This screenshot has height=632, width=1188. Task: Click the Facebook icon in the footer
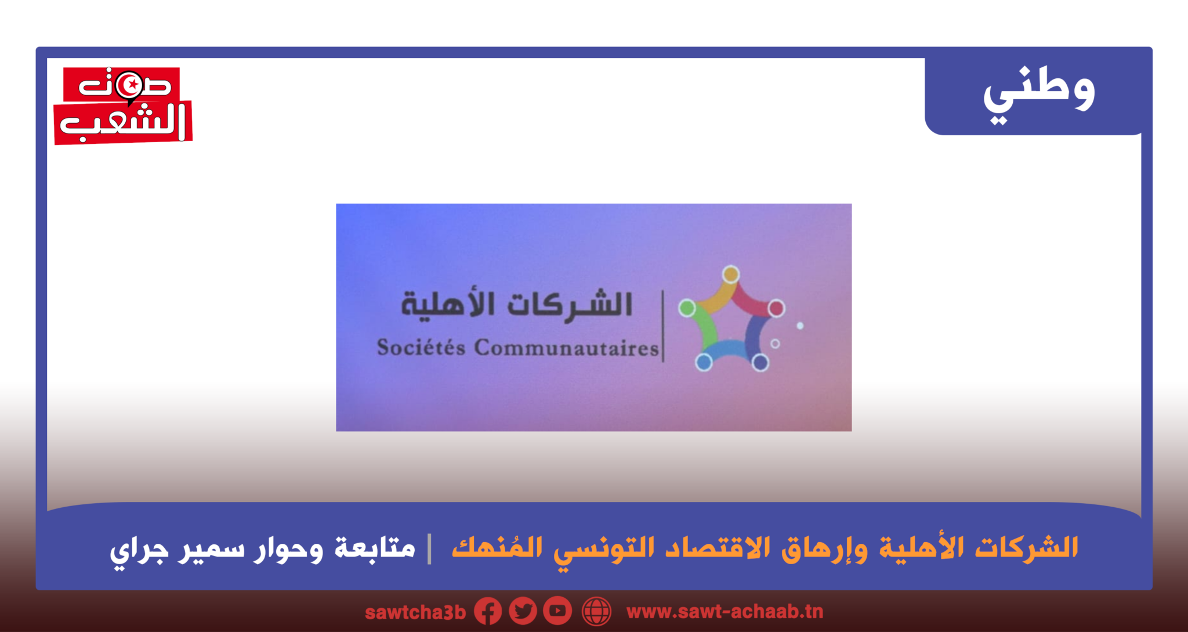pyautogui.click(x=488, y=611)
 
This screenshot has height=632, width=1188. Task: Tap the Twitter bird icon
pyautogui.click(x=523, y=611)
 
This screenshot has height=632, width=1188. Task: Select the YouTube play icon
pyautogui.click(x=557, y=611)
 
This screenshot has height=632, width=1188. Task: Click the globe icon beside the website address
pyautogui.click(x=597, y=611)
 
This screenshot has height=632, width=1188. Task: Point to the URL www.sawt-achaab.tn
pyautogui.click(x=725, y=612)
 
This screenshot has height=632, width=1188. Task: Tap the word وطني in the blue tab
pyautogui.click(x=1039, y=93)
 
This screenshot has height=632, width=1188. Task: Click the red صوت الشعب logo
pyautogui.click(x=122, y=106)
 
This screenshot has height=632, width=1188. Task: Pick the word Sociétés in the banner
pyautogui.click(x=421, y=347)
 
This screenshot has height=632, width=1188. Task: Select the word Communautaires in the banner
pyautogui.click(x=567, y=347)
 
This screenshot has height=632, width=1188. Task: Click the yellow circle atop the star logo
pyautogui.click(x=731, y=275)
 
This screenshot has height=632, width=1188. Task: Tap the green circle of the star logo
pyautogui.click(x=687, y=308)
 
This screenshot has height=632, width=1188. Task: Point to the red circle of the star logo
pyautogui.click(x=776, y=308)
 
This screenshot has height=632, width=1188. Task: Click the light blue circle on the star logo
pyautogui.click(x=704, y=362)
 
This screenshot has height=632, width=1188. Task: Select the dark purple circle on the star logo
pyautogui.click(x=760, y=363)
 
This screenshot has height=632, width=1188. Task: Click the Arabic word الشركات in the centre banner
pyautogui.click(x=570, y=304)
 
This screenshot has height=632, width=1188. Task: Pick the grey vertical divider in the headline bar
pyautogui.click(x=430, y=548)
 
